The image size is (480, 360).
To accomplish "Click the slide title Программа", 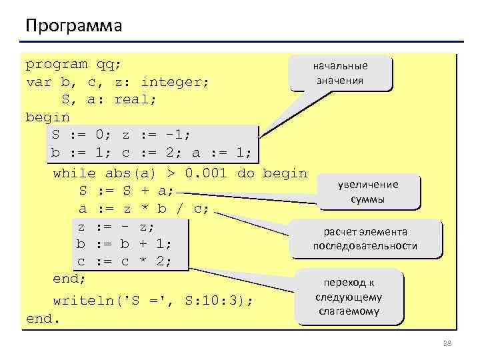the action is coord(73,26).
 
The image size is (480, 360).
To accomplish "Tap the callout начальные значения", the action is coord(340,73).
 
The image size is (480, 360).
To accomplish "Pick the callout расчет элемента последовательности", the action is coord(365,239).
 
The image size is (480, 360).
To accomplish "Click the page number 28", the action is coord(447,343).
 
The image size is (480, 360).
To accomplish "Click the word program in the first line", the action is coord(56,65).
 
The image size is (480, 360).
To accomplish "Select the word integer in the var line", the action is coord(175,83).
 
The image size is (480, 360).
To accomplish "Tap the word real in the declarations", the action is coord(135,100).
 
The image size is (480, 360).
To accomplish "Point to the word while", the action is coord(74,173).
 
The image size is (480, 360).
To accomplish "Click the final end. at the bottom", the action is coord(43,319).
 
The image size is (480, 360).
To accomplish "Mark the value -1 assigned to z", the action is coord(176,135).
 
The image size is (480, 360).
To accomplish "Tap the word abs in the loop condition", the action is coord(119,173).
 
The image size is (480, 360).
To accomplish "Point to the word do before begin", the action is coord(247,173).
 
